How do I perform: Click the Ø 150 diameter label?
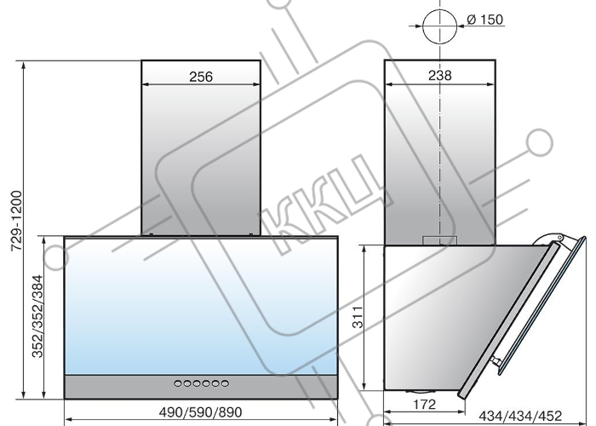click(x=484, y=19)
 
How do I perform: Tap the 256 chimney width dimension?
click(x=201, y=77)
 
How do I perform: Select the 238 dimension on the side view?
click(x=440, y=75)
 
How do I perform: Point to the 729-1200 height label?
click(x=17, y=221)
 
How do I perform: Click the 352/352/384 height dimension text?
click(x=37, y=316)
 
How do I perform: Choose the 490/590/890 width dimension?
click(x=200, y=412)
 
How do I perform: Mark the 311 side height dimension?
click(x=358, y=317)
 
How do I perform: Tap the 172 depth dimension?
click(x=424, y=405)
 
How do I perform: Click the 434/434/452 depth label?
click(x=520, y=416)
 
